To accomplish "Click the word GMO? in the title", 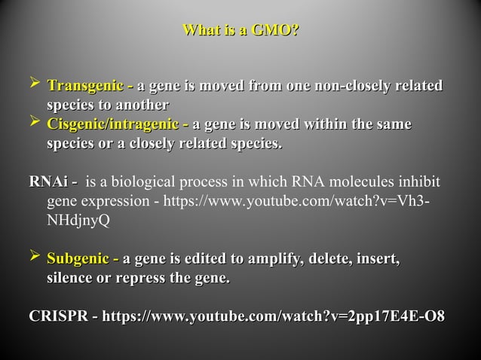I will [x=274, y=31].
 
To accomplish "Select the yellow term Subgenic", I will [x=78, y=261].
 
